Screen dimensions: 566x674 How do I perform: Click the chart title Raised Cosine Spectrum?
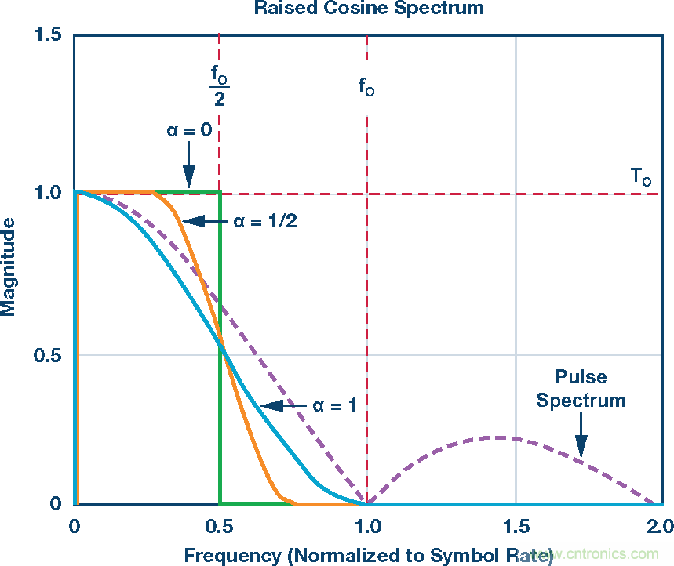367,9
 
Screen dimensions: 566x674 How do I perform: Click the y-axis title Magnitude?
9,267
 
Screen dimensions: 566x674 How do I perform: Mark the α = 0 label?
188,130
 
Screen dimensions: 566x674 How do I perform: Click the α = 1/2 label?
268,221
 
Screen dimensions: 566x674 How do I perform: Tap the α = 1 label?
335,405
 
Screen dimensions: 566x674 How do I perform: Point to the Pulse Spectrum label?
581,389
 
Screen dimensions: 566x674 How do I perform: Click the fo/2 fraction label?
219,85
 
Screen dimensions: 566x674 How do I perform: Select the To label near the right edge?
641,177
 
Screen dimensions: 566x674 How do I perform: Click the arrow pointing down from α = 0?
188,166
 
